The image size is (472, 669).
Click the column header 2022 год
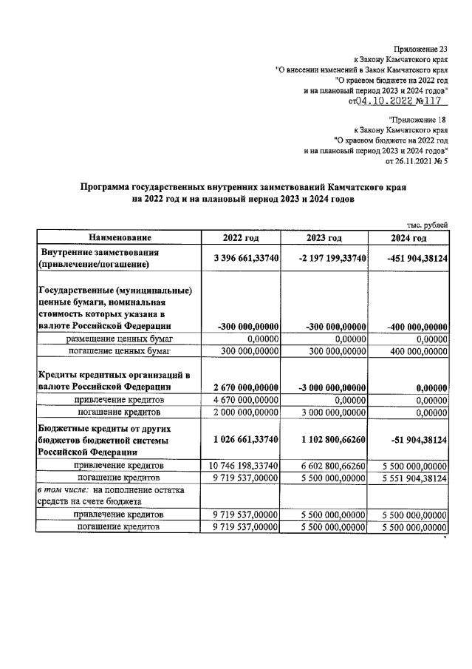pyautogui.click(x=242, y=237)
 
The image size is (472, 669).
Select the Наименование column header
pyautogui.click(x=120, y=237)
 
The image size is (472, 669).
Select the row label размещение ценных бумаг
pyautogui.click(x=120, y=339)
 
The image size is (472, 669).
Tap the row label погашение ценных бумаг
pyautogui.click(x=120, y=350)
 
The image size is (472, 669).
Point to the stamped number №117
pyautogui.click(x=430, y=101)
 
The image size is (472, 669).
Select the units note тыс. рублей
pyautogui.click(x=428, y=224)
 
